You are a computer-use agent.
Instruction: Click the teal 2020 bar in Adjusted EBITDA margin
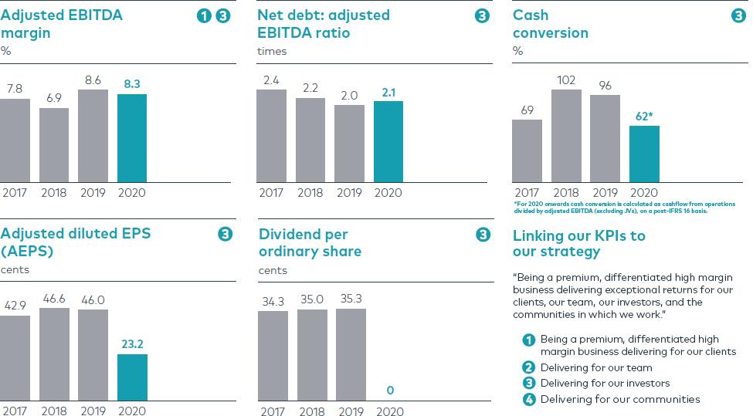(x=132, y=138)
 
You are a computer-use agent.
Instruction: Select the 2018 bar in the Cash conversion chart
(x=566, y=136)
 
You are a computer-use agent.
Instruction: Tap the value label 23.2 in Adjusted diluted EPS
(x=132, y=345)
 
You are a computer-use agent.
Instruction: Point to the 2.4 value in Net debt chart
(x=271, y=79)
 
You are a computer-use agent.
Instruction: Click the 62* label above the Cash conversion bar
(x=645, y=117)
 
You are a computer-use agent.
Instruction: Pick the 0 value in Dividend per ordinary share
(x=390, y=391)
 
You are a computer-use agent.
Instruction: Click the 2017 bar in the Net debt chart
(x=271, y=136)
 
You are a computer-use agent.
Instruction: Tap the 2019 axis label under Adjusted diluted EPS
(x=93, y=411)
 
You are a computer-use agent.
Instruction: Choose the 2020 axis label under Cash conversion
(x=644, y=193)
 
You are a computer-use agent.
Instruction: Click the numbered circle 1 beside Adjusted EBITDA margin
(x=204, y=15)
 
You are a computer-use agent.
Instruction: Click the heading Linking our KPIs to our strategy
(x=578, y=243)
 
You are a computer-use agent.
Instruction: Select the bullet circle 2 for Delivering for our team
(x=529, y=367)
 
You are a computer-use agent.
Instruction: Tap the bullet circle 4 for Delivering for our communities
(x=529, y=399)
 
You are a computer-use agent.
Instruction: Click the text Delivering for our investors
(x=605, y=384)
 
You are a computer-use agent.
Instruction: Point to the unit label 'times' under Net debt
(x=272, y=52)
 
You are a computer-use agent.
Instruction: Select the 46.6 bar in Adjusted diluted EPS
(x=54, y=354)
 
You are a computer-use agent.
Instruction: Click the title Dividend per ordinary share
(x=310, y=242)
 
